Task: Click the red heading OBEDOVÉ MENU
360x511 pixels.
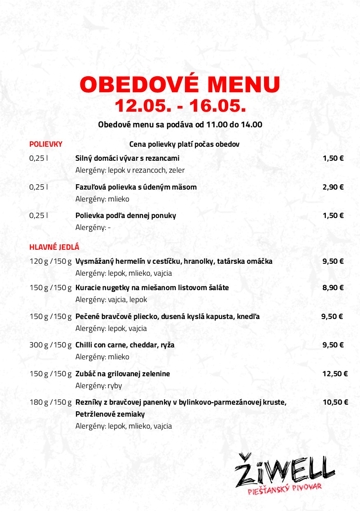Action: click(180, 84)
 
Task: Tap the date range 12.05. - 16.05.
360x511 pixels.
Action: click(180, 106)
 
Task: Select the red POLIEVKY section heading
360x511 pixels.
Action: click(46, 144)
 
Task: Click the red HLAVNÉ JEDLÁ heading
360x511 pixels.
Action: click(54, 247)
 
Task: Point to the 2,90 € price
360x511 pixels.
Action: click(333, 187)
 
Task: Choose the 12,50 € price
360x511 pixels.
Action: click(334, 374)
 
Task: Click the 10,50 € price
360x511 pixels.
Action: click(335, 402)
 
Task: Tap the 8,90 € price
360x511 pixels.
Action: click(333, 288)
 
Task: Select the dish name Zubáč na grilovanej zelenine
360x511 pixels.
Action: click(122, 374)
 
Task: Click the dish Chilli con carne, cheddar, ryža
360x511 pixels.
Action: click(125, 345)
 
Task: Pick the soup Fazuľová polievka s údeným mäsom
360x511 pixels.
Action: click(136, 187)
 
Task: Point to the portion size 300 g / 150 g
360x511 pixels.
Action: click(51, 345)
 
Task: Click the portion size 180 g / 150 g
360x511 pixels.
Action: click(51, 402)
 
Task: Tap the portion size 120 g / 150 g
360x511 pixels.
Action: click(51, 261)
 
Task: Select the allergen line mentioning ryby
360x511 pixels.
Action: click(98, 386)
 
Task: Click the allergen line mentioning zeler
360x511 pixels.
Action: click(130, 170)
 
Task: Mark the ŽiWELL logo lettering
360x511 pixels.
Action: click(284, 469)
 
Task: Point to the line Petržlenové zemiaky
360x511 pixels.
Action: click(110, 414)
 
